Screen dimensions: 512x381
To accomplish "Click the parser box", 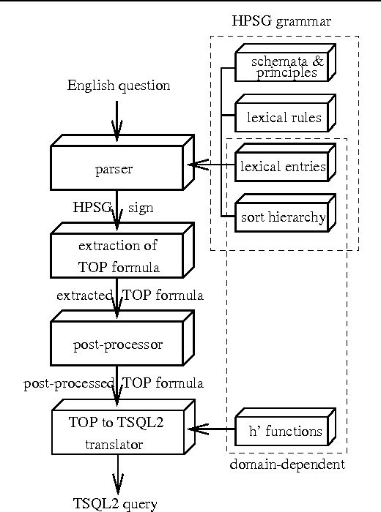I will [114, 170].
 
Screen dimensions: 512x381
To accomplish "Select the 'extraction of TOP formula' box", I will [117, 257].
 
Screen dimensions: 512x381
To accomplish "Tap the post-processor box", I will [117, 344].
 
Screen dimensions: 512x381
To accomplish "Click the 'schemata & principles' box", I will [281, 67].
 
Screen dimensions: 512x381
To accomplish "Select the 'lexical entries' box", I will [281, 167].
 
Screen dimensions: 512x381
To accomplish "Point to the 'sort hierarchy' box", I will [281, 217].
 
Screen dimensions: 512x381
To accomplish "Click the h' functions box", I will [281, 431].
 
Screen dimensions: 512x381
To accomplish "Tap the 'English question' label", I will [118, 86].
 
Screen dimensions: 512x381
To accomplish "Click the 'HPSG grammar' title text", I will [281, 21].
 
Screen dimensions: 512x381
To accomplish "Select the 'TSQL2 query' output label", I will [115, 503].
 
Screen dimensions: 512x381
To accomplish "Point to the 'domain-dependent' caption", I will [287, 464].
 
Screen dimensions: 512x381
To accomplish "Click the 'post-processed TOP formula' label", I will [113, 383].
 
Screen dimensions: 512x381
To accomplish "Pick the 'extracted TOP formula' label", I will [129, 295].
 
